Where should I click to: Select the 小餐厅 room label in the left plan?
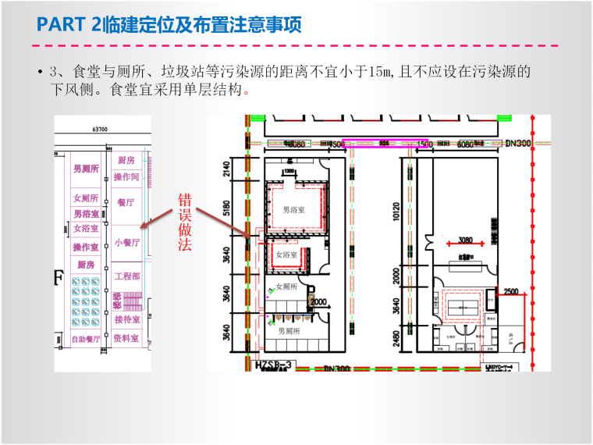(x=126, y=242)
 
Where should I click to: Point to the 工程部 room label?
(x=126, y=276)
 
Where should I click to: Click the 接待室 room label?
(x=126, y=319)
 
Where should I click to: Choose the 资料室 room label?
(x=126, y=338)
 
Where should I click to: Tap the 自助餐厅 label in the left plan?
(x=86, y=340)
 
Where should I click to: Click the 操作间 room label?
(x=126, y=177)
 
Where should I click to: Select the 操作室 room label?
(x=86, y=247)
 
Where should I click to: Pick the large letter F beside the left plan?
(x=57, y=279)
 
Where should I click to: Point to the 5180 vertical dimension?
(x=227, y=208)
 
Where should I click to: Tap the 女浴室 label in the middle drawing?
(x=284, y=255)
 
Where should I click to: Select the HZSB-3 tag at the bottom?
(x=273, y=365)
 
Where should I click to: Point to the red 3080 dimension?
(x=466, y=240)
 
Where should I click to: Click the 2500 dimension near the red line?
(x=511, y=291)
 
